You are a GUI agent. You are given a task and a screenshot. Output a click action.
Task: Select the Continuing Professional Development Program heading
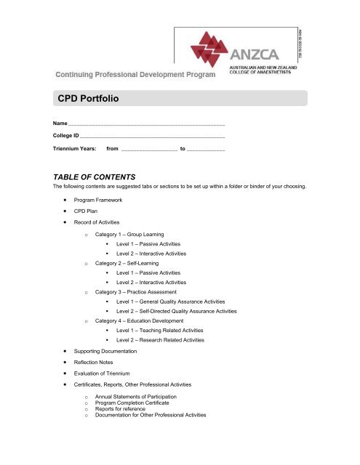tap(133, 73)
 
